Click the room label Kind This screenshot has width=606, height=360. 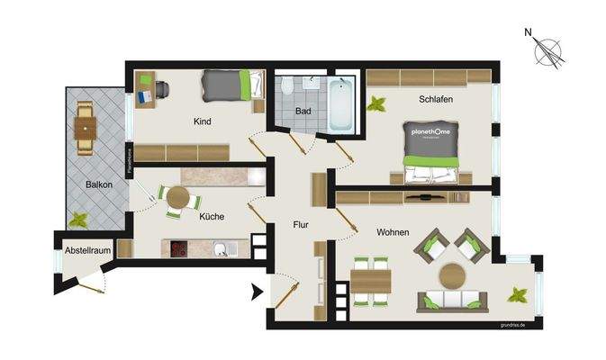(202, 121)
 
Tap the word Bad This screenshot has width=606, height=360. (303, 112)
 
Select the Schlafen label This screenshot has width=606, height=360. (435, 99)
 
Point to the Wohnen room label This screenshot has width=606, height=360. (393, 232)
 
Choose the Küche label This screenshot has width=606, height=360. (213, 217)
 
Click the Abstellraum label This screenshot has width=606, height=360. (86, 249)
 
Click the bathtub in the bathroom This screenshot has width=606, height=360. (341, 105)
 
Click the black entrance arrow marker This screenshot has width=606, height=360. (256, 291)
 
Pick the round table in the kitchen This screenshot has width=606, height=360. (178, 197)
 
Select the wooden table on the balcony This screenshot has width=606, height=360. (86, 128)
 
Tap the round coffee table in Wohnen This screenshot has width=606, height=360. (452, 274)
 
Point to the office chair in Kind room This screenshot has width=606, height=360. (161, 89)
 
